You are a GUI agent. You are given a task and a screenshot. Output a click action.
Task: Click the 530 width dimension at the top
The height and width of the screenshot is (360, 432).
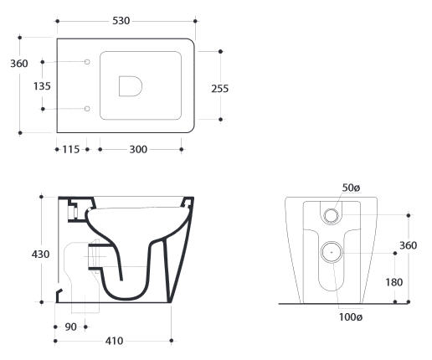121,21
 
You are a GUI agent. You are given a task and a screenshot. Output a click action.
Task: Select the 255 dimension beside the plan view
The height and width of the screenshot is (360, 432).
220,89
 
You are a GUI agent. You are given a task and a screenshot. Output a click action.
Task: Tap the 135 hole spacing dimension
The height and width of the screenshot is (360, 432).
42,86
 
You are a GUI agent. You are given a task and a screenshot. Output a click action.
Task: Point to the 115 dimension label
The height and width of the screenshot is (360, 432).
71,149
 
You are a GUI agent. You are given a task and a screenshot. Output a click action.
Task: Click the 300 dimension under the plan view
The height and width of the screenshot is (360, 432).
138,149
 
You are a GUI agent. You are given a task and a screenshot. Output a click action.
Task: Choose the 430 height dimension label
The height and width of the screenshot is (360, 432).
40,255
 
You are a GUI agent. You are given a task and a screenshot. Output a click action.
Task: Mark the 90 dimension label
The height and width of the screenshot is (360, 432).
70,327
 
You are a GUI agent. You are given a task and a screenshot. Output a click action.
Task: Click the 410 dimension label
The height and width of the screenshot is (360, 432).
115,341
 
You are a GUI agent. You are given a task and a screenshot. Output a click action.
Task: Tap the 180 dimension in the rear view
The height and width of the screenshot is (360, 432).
394,282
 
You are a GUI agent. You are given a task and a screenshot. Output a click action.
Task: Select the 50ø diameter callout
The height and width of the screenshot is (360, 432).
351,188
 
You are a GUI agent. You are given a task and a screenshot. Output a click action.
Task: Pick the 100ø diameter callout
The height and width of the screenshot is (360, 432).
351,317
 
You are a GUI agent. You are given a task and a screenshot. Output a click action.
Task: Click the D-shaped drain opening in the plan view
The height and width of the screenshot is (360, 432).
131,86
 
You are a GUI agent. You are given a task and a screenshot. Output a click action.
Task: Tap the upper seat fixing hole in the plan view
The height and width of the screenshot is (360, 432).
87,62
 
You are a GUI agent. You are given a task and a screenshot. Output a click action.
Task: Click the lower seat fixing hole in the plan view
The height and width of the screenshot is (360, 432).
87,109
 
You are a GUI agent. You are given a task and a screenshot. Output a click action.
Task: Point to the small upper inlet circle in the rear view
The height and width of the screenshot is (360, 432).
332,215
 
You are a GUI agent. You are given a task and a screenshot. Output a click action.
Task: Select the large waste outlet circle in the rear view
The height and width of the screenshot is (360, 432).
332,252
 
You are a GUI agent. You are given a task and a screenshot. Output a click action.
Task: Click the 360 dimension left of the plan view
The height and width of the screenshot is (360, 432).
19,64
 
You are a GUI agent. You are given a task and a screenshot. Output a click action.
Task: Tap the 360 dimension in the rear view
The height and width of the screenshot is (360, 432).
409,245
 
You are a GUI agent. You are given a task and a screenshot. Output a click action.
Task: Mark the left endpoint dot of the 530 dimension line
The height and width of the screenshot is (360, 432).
58,21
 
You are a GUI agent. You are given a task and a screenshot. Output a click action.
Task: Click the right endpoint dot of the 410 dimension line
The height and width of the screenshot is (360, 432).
172,341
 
